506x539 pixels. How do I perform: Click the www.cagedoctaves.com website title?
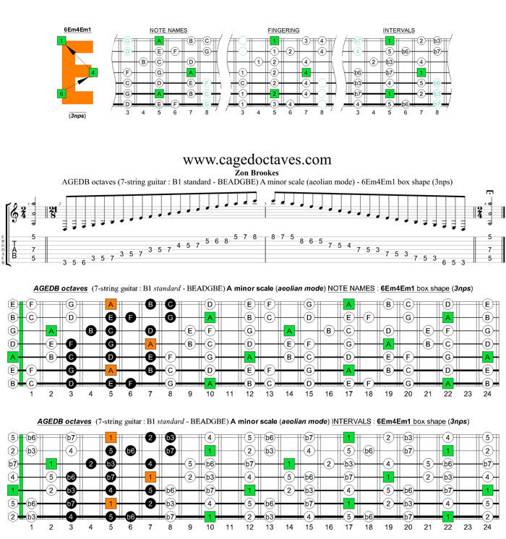click(x=257, y=160)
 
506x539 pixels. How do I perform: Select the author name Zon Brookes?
click(x=257, y=172)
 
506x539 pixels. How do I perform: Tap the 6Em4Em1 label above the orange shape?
click(x=77, y=28)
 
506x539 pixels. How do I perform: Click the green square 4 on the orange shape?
click(x=93, y=73)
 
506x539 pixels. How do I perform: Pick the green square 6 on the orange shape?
click(x=62, y=93)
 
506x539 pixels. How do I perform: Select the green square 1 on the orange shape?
click(x=62, y=40)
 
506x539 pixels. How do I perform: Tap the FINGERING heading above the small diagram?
click(x=283, y=30)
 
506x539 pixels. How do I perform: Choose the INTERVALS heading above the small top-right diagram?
click(x=399, y=30)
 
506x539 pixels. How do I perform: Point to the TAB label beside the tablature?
click(x=14, y=248)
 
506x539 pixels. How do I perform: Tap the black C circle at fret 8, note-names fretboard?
click(x=171, y=304)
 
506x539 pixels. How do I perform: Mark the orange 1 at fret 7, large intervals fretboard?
click(x=150, y=476)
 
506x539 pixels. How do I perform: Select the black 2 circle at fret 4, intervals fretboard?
click(x=91, y=463)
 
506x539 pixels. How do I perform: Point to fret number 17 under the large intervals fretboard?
click(x=348, y=527)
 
